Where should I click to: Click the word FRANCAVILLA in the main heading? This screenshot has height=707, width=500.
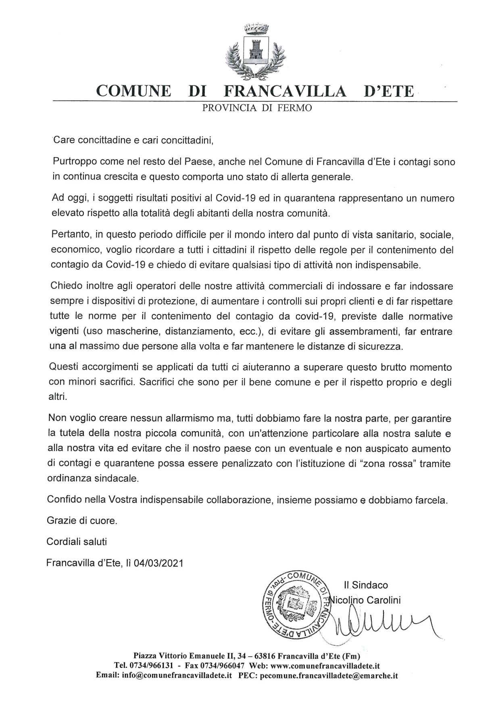pos(285,91)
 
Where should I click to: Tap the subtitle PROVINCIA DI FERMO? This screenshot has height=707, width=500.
pos(257,108)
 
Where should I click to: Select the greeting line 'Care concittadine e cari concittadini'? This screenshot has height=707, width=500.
pos(133,140)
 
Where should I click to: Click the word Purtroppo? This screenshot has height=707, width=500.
pos(75,162)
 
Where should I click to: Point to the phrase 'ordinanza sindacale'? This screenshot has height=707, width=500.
pos(93,479)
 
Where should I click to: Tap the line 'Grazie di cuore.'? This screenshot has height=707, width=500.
pos(82,520)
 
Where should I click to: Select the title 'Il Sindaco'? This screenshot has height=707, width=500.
pos(366,585)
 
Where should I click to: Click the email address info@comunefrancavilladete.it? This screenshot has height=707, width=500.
pos(177,676)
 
